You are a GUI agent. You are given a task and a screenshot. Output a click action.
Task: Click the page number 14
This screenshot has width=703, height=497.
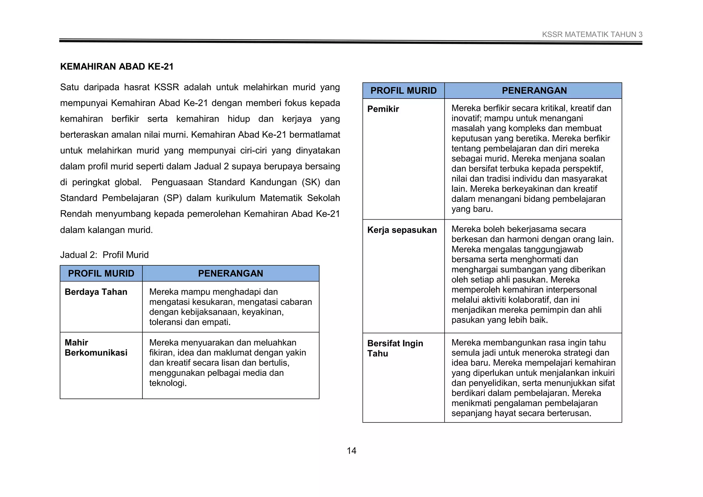click(x=351, y=451)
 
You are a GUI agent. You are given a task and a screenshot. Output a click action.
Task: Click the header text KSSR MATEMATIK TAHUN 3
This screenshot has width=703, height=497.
click(x=592, y=34)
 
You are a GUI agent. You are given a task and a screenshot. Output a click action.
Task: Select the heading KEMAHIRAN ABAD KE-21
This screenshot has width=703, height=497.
click(x=117, y=67)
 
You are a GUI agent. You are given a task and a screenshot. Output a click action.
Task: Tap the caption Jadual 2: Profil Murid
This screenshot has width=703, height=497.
click(x=104, y=255)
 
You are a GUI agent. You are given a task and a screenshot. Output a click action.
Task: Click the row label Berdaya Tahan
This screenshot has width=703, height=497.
click(x=96, y=292)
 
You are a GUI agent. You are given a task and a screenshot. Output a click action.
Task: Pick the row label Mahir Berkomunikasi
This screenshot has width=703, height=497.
click(x=96, y=347)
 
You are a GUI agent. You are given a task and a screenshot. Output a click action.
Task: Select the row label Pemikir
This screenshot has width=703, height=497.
click(x=383, y=109)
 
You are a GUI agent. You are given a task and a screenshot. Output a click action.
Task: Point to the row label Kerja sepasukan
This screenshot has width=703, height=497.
click(x=402, y=230)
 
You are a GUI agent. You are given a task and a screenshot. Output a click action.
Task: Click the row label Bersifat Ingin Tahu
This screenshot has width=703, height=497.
click(x=395, y=348)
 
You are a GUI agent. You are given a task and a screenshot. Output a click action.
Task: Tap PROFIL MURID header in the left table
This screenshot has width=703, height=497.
click(x=101, y=273)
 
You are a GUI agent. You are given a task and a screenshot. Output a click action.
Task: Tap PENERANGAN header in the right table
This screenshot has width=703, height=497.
click(x=534, y=91)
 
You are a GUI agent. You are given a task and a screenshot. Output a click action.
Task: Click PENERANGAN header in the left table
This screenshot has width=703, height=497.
click(x=230, y=273)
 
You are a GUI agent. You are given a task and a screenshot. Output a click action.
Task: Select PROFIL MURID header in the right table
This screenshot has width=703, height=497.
click(x=403, y=91)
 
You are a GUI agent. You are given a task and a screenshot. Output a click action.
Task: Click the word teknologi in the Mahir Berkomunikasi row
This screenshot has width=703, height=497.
click(x=168, y=383)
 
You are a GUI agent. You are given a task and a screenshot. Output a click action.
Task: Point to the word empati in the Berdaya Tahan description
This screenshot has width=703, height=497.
click(x=218, y=322)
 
